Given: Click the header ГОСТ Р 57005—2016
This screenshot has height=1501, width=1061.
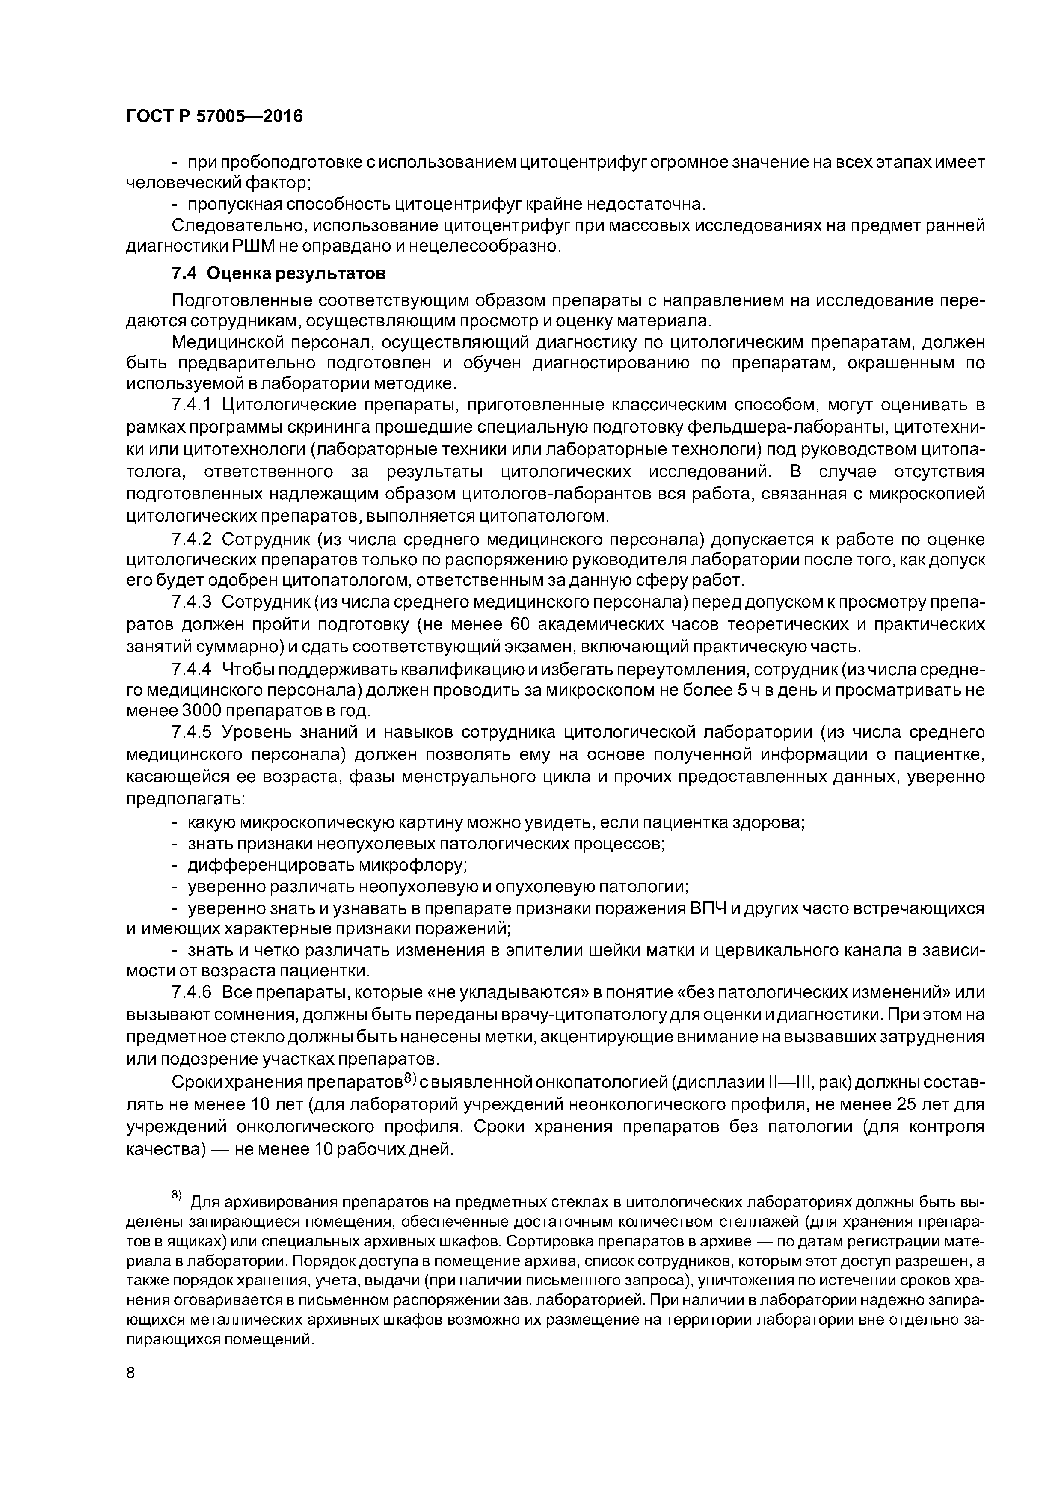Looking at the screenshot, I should tap(214, 116).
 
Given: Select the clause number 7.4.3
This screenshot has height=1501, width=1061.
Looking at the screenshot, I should tap(192, 602).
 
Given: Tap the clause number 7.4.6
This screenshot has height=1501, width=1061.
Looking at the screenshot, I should tap(192, 992).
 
